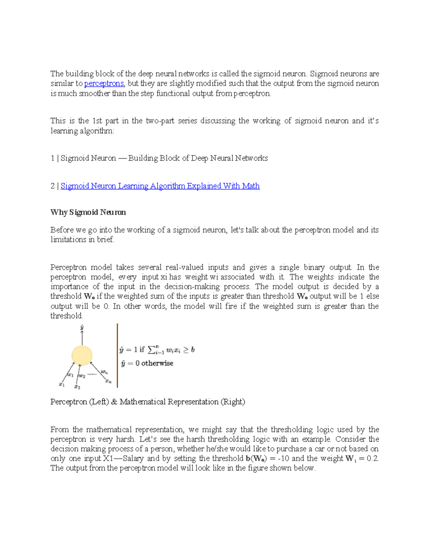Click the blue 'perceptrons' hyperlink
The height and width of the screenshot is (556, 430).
(104, 84)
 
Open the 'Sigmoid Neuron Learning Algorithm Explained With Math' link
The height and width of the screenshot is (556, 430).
(160, 186)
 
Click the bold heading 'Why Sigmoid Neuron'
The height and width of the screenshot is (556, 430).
(88, 212)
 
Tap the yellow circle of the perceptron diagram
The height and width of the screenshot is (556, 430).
(82, 356)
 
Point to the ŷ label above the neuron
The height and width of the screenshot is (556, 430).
(82, 327)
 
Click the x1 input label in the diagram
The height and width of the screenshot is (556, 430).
(62, 385)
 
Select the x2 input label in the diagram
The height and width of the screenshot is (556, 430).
(77, 387)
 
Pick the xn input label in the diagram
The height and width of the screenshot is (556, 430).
(108, 381)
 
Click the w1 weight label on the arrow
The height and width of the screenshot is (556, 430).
(71, 375)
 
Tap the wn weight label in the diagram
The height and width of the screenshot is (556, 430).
(104, 372)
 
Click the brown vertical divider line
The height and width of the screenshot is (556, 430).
(117, 356)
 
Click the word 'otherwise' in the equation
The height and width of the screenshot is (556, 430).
(157, 363)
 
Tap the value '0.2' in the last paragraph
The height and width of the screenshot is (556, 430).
(372, 459)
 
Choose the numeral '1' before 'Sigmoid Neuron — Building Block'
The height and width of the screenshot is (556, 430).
(52, 158)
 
